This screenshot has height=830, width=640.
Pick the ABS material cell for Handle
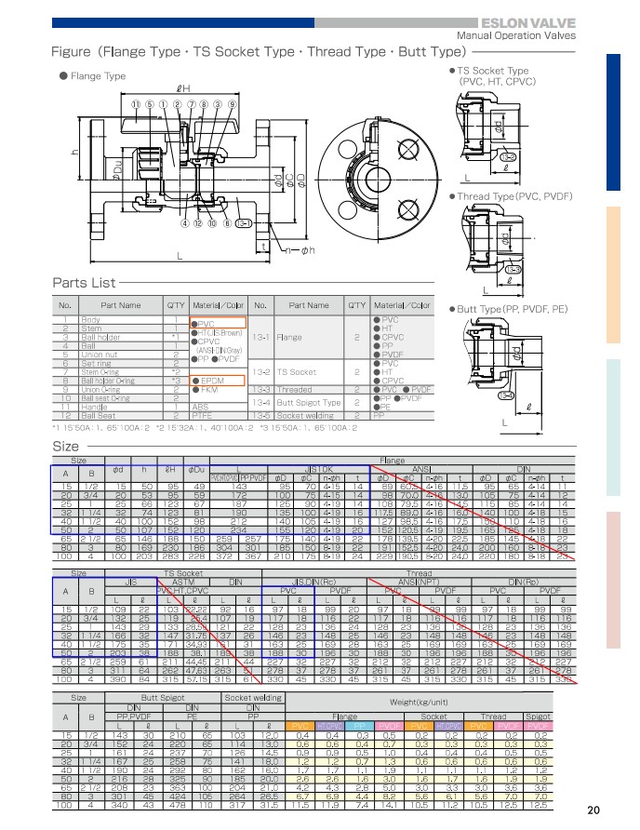point(201,406)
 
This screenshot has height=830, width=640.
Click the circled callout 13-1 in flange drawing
point(243,223)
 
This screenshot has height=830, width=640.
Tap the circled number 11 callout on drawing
point(135,104)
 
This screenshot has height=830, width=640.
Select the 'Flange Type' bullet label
point(97,76)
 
